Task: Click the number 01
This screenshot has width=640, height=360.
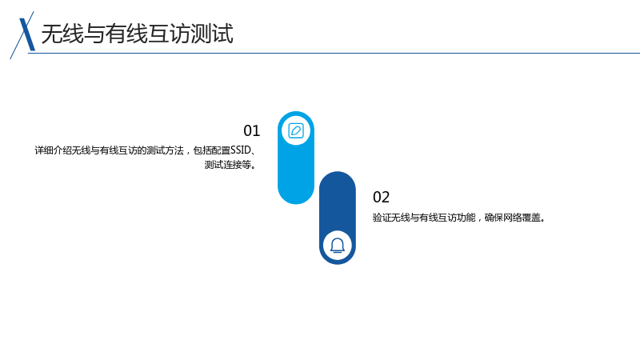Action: (251, 131)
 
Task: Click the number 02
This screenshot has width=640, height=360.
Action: (382, 197)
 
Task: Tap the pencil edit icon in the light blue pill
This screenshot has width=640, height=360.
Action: (296, 130)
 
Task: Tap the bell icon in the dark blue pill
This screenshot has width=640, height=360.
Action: (338, 246)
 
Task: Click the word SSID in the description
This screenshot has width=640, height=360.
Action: (241, 150)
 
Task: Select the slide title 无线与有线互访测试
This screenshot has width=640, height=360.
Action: (137, 34)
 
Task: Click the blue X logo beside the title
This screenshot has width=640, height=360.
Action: (24, 35)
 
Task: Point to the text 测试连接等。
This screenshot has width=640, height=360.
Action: (230, 165)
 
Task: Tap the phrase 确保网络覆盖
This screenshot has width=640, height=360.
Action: (512, 218)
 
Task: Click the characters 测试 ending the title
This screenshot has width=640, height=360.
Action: (212, 34)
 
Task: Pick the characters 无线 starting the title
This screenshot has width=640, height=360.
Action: (62, 34)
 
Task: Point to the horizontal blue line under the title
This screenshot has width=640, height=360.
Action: (334, 53)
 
